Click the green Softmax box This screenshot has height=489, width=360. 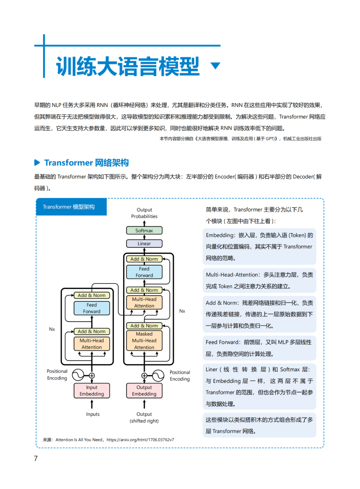(144, 230)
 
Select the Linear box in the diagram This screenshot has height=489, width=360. (144, 243)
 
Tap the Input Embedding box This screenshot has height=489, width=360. (92, 391)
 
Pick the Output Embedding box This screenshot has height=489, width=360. (144, 391)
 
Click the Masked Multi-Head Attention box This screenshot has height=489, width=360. (144, 341)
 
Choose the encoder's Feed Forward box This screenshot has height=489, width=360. (92, 308)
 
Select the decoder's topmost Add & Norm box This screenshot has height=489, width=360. (144, 259)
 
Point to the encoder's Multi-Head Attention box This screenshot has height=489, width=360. (92, 344)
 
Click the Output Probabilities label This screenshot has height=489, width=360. (144, 213)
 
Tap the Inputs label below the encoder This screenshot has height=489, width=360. (93, 414)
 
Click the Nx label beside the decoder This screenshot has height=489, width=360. (182, 311)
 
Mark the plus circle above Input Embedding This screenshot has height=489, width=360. (92, 376)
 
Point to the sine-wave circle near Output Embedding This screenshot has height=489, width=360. (158, 376)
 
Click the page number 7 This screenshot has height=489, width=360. (36, 458)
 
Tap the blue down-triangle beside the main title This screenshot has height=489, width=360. (216, 65)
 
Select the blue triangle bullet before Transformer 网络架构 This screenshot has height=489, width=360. (37, 162)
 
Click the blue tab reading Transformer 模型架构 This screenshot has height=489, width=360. (71, 207)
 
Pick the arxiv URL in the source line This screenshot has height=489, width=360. (140, 440)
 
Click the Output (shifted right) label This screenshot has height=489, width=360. (144, 418)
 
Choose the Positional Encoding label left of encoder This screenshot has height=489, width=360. (57, 375)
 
